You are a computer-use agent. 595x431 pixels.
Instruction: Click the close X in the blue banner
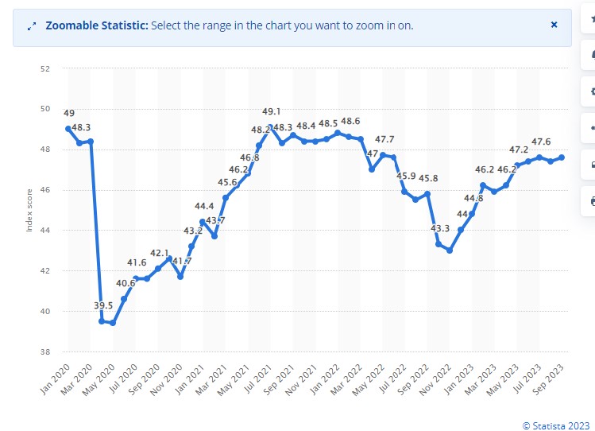pos(554,25)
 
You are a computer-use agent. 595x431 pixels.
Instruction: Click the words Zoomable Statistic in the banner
pos(97,25)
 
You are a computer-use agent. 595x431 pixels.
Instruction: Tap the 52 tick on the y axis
pos(45,68)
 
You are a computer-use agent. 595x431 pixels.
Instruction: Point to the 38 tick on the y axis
pos(45,351)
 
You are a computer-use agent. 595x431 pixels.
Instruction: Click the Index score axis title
pos(30,210)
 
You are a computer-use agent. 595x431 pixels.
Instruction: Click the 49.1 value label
pos(272,112)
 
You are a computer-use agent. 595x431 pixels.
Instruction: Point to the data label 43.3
pos(439,229)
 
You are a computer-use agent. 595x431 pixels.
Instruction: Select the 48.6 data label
pos(350,122)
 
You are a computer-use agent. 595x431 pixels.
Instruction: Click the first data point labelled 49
pos(68,128)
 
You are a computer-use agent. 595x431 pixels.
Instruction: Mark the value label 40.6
pos(126,284)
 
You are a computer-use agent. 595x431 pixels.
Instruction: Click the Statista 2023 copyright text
pos(557,425)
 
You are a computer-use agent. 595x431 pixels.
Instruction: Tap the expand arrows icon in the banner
pos(33,25)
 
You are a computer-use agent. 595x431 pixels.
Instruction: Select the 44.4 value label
pos(205,207)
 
